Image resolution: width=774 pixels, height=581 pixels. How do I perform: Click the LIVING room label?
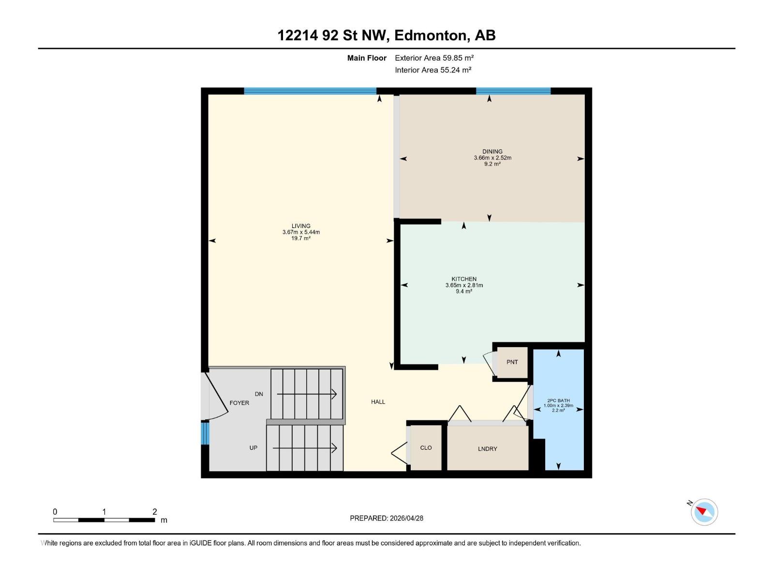pyautogui.click(x=301, y=226)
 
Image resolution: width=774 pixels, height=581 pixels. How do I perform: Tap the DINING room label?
pyautogui.click(x=492, y=152)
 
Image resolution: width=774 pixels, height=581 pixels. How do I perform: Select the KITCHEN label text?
pyautogui.click(x=464, y=279)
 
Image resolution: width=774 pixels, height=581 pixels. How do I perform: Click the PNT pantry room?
pyautogui.click(x=512, y=362)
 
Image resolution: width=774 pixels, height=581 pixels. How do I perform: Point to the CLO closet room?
pyautogui.click(x=426, y=448)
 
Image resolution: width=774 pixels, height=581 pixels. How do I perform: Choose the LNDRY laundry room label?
pyautogui.click(x=487, y=449)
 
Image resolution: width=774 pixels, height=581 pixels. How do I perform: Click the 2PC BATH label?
pyautogui.click(x=558, y=400)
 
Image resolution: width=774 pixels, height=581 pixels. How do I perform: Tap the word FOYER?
pyautogui.click(x=239, y=403)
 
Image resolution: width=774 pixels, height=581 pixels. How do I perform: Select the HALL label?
pyautogui.click(x=378, y=402)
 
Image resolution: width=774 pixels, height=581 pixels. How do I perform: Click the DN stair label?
pyautogui.click(x=259, y=394)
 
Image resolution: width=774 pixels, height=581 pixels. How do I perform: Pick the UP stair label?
pyautogui.click(x=253, y=448)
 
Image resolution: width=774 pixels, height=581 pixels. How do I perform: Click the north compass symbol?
pyautogui.click(x=704, y=512)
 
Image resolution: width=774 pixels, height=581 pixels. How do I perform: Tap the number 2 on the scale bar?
pyautogui.click(x=154, y=511)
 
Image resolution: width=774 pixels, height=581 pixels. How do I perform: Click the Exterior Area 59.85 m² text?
pyautogui.click(x=434, y=58)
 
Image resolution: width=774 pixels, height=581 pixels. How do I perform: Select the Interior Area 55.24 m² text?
pyautogui.click(x=433, y=70)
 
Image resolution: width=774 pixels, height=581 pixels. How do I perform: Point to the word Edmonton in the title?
pyautogui.click(x=432, y=36)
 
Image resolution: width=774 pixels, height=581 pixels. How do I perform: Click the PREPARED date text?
pyautogui.click(x=387, y=518)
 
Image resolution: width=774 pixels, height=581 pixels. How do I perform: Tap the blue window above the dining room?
pyautogui.click(x=513, y=91)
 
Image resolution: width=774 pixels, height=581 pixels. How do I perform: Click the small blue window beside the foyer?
pyautogui.click(x=205, y=433)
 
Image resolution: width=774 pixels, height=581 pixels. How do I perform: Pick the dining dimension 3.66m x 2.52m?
pyautogui.click(x=492, y=158)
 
